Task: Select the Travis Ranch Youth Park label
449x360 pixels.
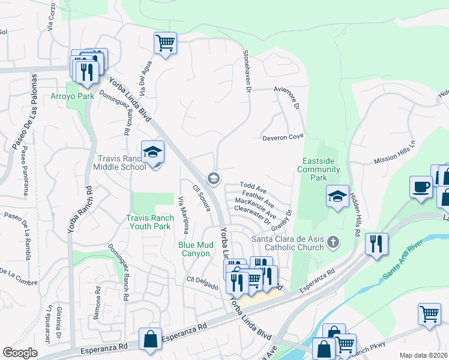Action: [149, 222]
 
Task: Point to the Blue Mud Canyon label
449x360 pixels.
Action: [199, 249]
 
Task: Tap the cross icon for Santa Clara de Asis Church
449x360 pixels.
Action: [334, 243]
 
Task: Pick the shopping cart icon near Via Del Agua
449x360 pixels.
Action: [165, 43]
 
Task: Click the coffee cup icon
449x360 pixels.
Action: [421, 187]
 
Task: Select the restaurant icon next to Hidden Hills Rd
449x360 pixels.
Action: [376, 244]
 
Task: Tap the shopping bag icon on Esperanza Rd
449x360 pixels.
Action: [149, 339]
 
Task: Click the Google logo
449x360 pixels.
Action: [20, 352]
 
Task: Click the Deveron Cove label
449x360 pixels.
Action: [283, 137]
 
